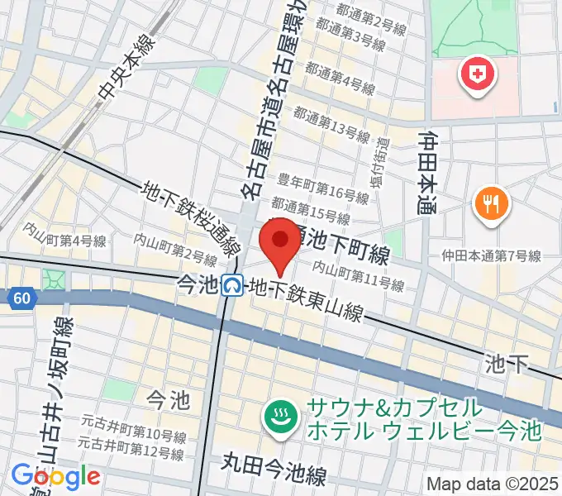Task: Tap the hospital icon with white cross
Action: click(477, 77)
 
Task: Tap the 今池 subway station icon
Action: click(232, 286)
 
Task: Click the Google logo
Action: click(55, 476)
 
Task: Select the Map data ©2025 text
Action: click(493, 484)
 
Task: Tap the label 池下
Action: click(507, 365)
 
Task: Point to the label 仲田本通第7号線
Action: click(491, 256)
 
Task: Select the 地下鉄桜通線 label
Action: click(191, 219)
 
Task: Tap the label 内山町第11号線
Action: click(358, 276)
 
